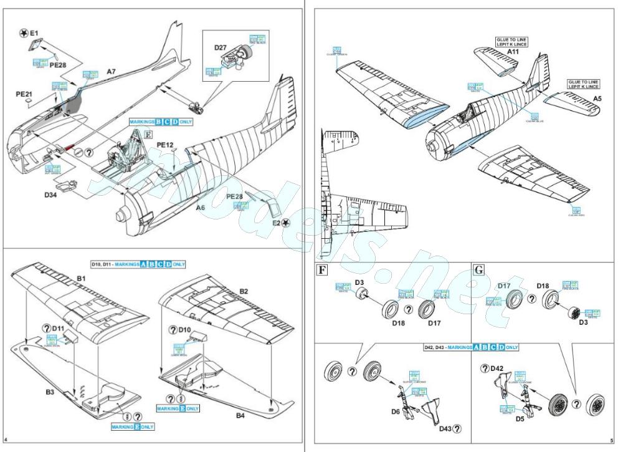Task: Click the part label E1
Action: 34,32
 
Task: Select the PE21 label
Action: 24,94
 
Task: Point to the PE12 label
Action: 164,145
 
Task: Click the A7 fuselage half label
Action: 111,72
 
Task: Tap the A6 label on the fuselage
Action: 201,208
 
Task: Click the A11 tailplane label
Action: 513,52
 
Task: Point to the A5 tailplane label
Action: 597,99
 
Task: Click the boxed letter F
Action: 322,271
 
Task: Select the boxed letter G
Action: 479,271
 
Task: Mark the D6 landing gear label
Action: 395,412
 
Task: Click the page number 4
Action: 5,441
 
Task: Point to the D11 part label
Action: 58,327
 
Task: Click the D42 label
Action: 497,368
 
